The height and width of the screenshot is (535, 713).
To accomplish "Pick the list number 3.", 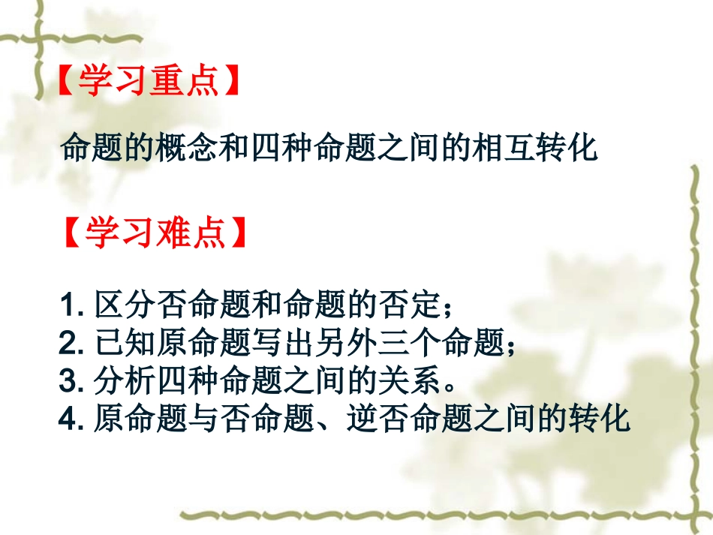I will [x=68, y=383].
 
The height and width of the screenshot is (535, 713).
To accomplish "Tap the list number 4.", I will [x=68, y=420].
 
